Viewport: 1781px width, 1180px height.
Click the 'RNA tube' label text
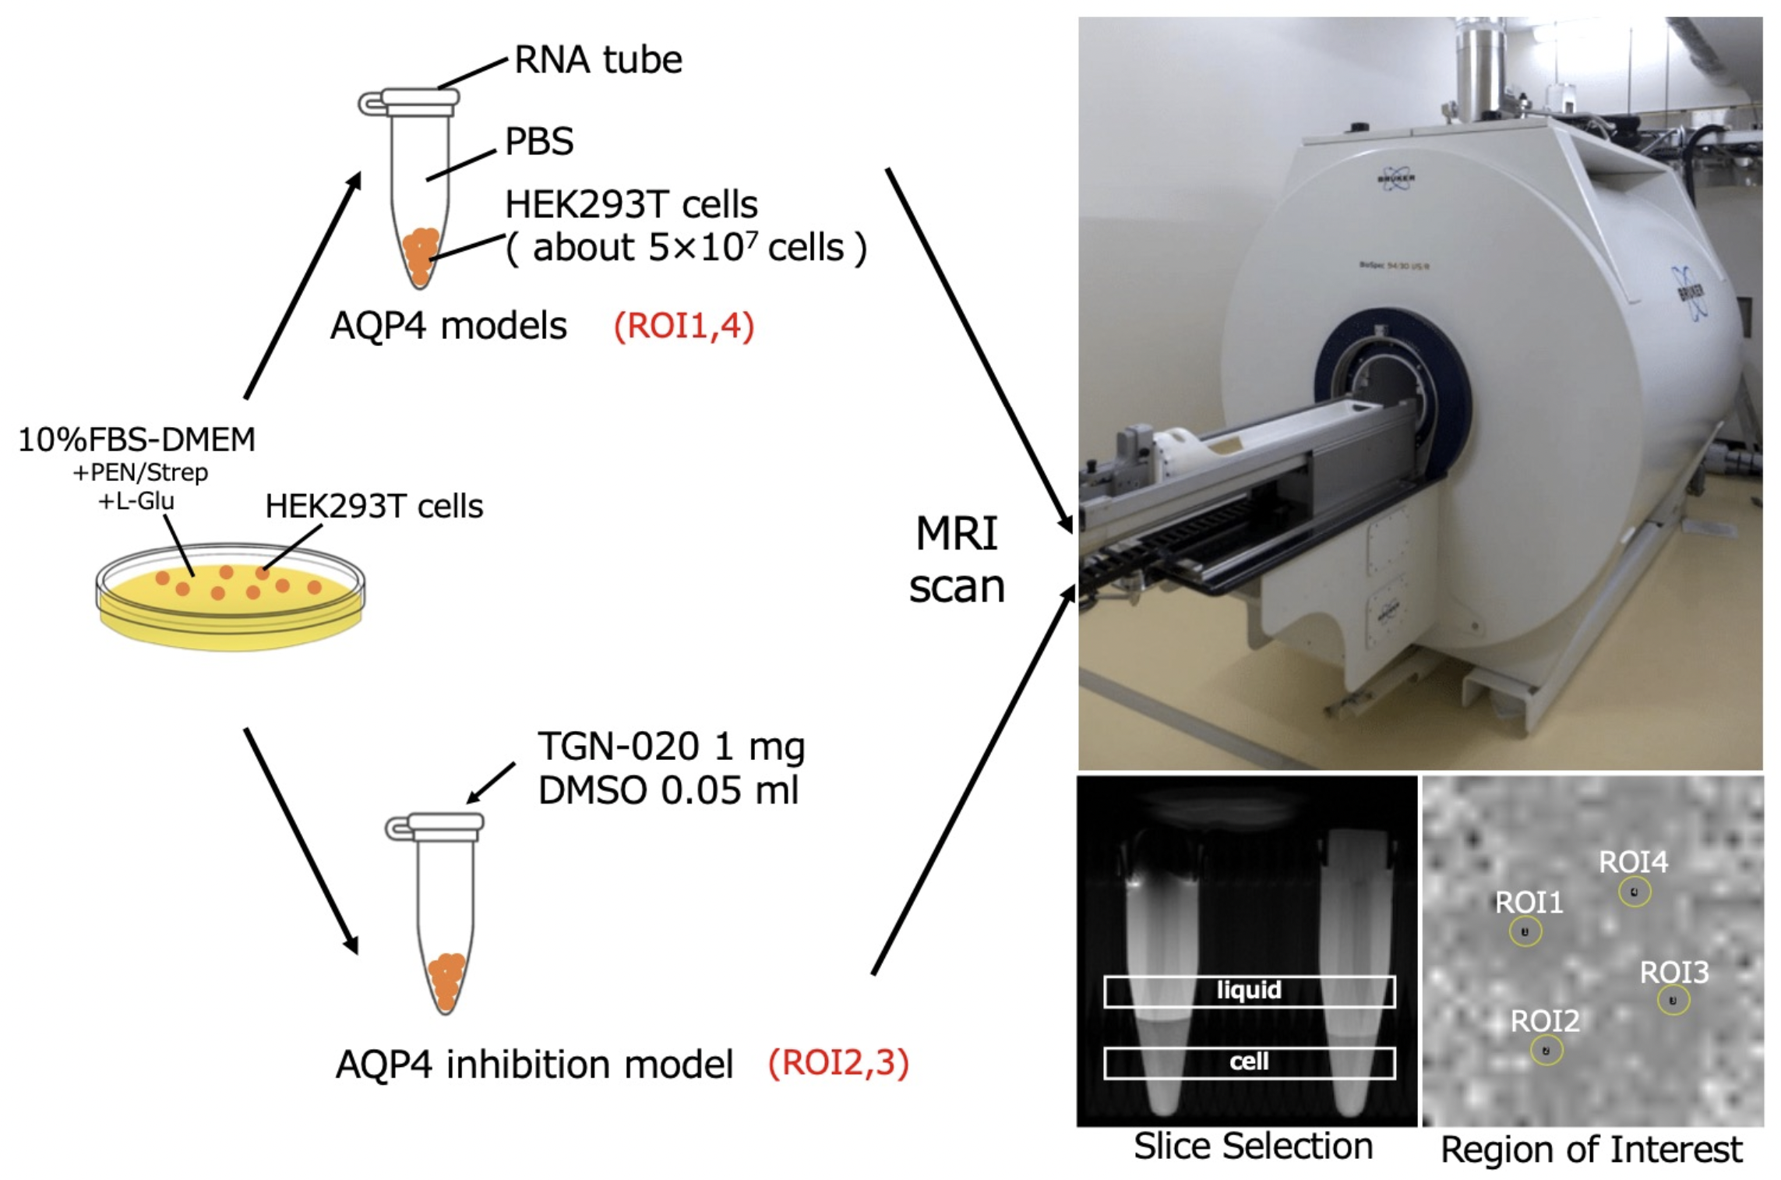[598, 59]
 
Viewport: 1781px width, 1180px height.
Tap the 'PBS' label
[539, 141]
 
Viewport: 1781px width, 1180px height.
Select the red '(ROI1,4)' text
[683, 326]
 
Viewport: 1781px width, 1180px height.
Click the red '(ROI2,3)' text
[838, 1063]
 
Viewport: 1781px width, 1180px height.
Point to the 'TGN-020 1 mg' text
[671, 747]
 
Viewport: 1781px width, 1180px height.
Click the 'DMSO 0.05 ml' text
[668, 791]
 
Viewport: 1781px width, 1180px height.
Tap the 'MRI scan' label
[957, 560]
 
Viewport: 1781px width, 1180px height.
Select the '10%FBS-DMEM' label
[136, 440]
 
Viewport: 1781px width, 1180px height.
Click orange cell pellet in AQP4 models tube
[421, 253]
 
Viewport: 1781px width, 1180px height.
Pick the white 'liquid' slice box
[1249, 991]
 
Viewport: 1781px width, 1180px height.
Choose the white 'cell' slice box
[1249, 1062]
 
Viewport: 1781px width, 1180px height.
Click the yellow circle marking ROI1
[1525, 931]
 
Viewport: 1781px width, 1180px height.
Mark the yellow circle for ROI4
[1634, 892]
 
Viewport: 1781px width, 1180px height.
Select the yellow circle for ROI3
[1673, 1000]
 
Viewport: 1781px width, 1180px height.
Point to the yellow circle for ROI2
[1546, 1050]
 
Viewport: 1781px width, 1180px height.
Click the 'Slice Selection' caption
[1253, 1146]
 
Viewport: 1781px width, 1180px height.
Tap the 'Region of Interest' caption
[1591, 1150]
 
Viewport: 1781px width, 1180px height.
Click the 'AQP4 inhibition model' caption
[534, 1065]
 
